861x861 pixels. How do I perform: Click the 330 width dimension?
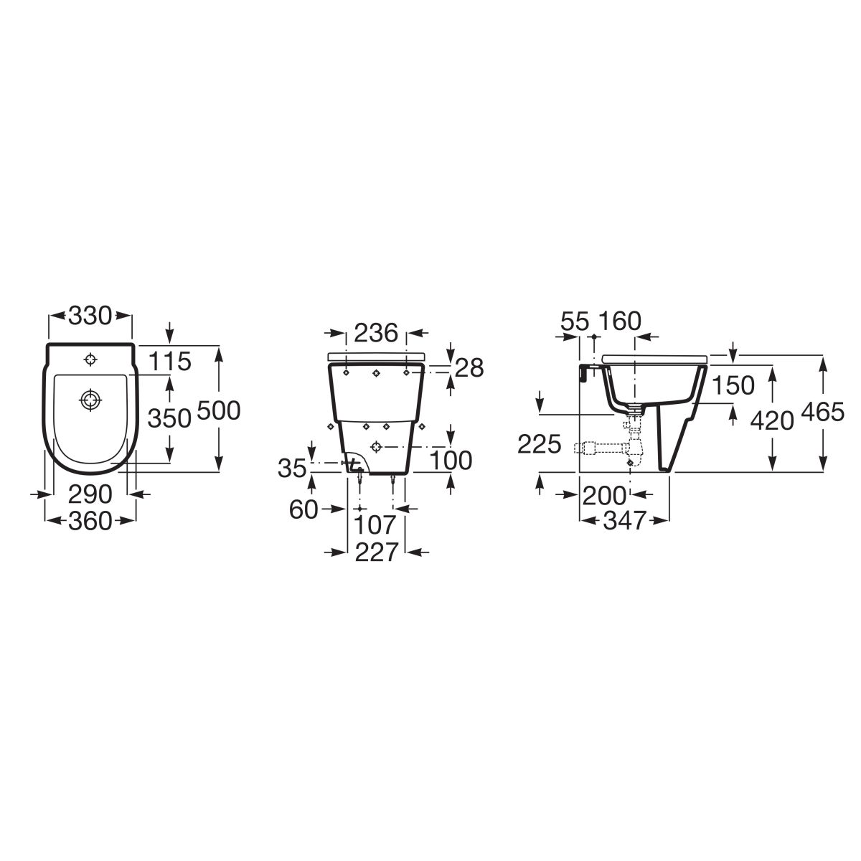[90, 316]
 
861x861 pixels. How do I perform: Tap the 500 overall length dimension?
[219, 410]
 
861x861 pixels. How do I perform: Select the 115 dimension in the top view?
[170, 361]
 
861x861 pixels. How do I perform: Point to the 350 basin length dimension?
[169, 418]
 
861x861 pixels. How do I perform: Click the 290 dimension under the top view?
[90, 494]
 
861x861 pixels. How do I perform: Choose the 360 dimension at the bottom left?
[90, 521]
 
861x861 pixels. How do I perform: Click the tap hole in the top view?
[90, 359]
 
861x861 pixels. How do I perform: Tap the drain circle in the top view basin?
[90, 400]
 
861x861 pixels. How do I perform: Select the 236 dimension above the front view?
[376, 333]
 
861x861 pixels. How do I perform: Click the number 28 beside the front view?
[469, 368]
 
